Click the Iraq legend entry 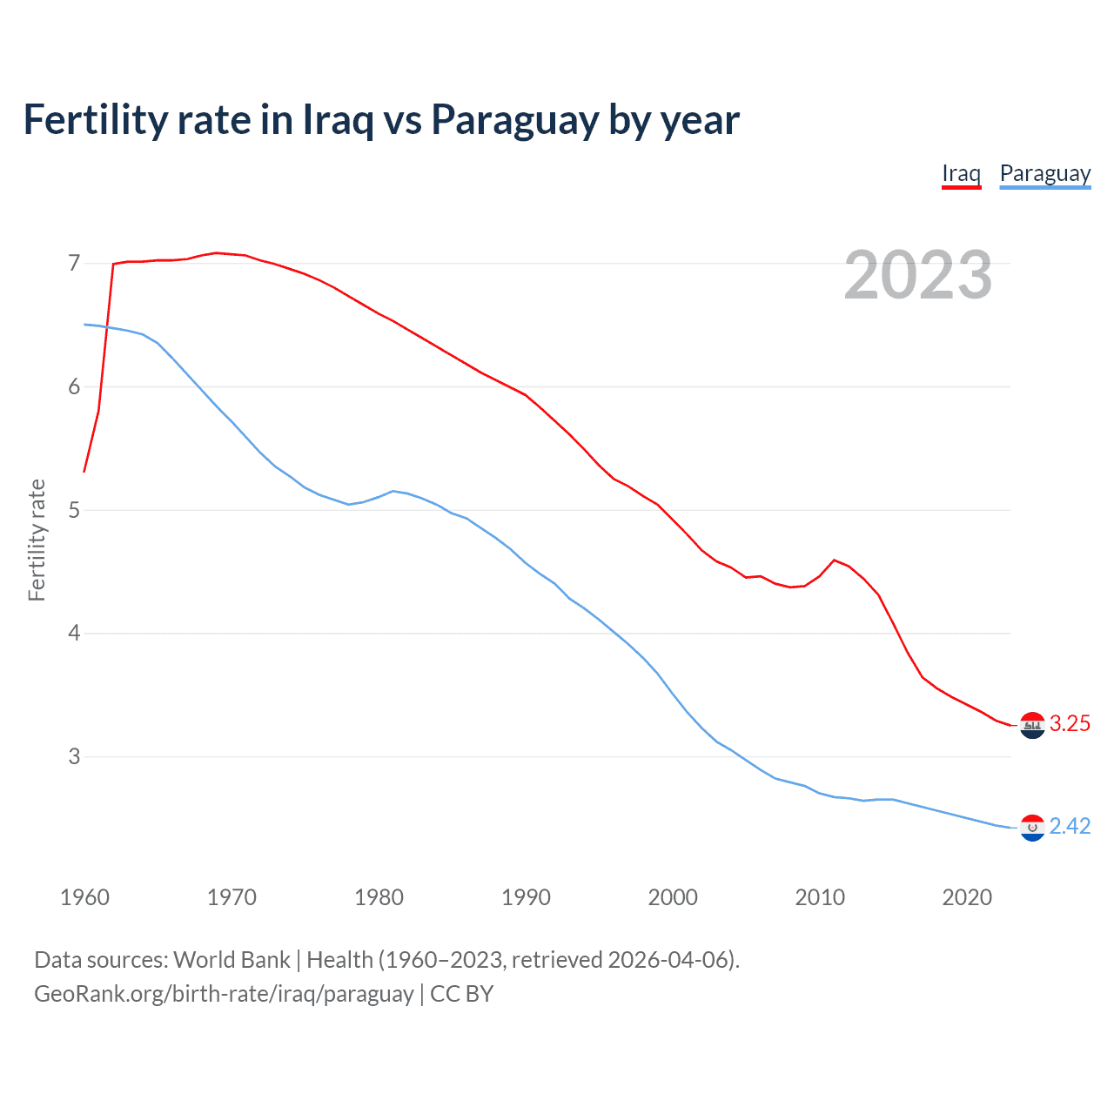click(x=961, y=173)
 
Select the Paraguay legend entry click(x=1044, y=173)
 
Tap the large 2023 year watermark click(x=917, y=275)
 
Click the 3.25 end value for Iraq click(x=1070, y=724)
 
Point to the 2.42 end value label click(x=1070, y=827)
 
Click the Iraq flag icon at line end click(x=1032, y=725)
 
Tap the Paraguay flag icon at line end click(x=1032, y=828)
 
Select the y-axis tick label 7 click(x=74, y=263)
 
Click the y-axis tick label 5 click(x=74, y=510)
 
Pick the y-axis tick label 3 click(x=74, y=757)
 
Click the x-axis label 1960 click(x=84, y=897)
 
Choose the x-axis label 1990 click(x=526, y=897)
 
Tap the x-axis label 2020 click(x=967, y=897)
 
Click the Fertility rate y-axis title click(x=37, y=540)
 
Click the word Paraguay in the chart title click(x=514, y=120)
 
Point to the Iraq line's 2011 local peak click(x=835, y=560)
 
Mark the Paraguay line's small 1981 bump click(x=393, y=491)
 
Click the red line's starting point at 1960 click(x=84, y=472)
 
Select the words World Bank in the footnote click(x=232, y=960)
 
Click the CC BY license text click(x=462, y=994)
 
